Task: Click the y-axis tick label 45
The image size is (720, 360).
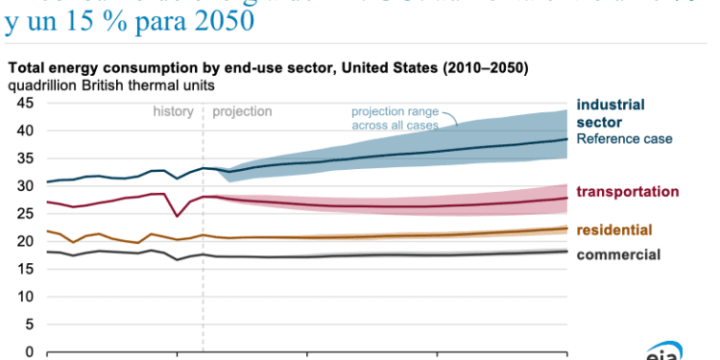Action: [x=24, y=103]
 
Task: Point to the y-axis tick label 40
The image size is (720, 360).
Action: [x=24, y=131]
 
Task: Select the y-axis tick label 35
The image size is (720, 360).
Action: [x=24, y=158]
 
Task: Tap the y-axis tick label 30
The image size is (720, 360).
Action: [x=24, y=186]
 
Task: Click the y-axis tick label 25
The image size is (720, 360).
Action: [x=24, y=214]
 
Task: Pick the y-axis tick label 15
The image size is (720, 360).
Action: [x=24, y=269]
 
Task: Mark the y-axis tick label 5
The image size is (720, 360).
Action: [x=29, y=324]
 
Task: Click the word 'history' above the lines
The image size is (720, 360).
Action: [x=173, y=111]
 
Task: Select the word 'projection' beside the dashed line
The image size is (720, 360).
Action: [x=242, y=111]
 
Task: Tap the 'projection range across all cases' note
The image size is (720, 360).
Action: [x=395, y=117]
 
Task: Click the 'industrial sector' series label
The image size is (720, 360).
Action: [x=611, y=112]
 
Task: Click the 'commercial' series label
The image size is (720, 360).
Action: [x=618, y=254]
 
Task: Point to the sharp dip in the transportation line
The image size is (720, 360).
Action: [x=175, y=216]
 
